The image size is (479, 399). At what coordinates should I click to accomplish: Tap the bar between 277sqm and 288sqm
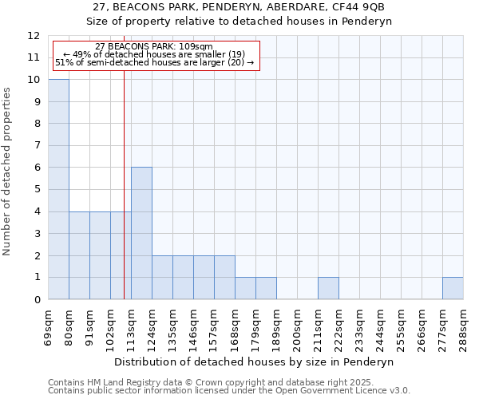click(453, 288)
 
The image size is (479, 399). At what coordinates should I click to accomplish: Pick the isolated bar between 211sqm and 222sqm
click(328, 288)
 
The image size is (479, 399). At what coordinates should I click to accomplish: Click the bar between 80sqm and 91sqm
click(79, 255)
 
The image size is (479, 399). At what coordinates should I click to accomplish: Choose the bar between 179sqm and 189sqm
click(266, 288)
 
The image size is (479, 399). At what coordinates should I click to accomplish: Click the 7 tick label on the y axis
click(37, 146)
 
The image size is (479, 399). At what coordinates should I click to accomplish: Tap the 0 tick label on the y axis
click(37, 300)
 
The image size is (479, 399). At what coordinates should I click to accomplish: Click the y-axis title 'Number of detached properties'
click(9, 172)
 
